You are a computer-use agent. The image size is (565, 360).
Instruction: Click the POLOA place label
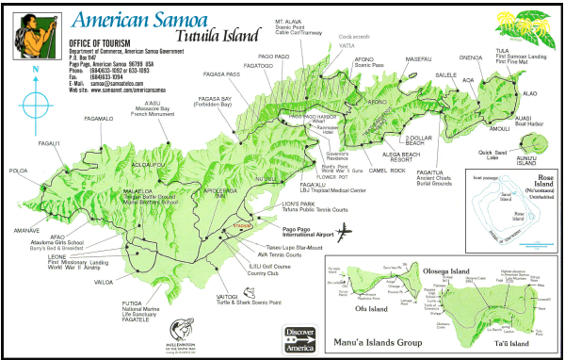click(18, 172)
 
